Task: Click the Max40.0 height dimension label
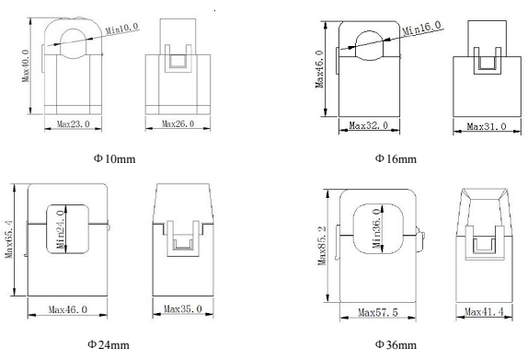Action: (26, 65)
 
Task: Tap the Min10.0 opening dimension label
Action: (122, 29)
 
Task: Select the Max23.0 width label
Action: (74, 124)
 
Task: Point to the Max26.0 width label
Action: (178, 123)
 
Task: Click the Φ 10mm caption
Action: (114, 158)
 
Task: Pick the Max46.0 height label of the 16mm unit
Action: (319, 69)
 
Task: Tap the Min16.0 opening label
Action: (421, 28)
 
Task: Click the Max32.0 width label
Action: (368, 126)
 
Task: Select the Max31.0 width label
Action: (487, 127)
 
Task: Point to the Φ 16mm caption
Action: (396, 158)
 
